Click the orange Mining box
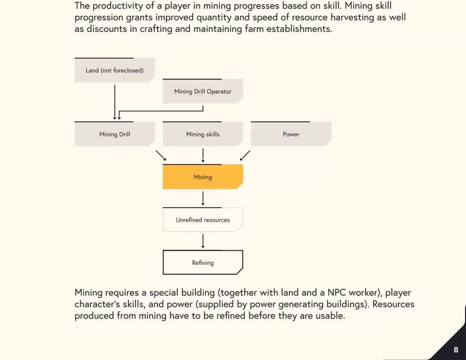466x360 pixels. coord(203,177)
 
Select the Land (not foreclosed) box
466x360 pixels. coord(115,70)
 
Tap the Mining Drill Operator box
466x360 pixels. coord(203,91)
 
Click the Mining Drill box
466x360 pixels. coord(115,134)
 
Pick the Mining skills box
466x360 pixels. coord(203,134)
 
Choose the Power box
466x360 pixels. coord(291,134)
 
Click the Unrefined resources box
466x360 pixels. coord(203,219)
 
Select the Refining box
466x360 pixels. coord(203,262)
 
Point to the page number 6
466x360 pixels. coord(456,350)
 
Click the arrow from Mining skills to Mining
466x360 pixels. coord(203,155)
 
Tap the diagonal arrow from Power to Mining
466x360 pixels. coord(245,155)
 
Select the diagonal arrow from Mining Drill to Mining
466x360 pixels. coord(161,155)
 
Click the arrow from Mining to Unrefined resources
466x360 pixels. coord(203,198)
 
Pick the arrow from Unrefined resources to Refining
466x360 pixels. coord(203,241)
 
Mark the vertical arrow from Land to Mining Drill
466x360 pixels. coord(115,102)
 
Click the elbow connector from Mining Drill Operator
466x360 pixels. coord(161,111)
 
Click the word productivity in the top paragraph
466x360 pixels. coord(117,6)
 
